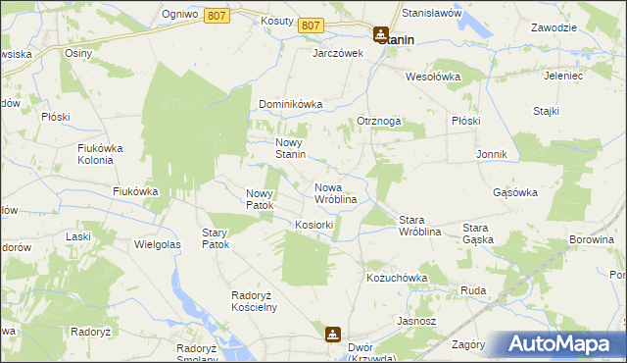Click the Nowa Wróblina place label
point(334,193)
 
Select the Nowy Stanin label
point(291,147)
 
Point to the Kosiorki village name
point(314,225)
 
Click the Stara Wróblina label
point(423,226)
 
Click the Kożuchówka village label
point(397,278)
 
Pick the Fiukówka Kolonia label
point(103,154)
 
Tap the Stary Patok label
point(215,238)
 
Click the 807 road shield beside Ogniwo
point(217,16)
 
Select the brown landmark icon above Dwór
point(333,335)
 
